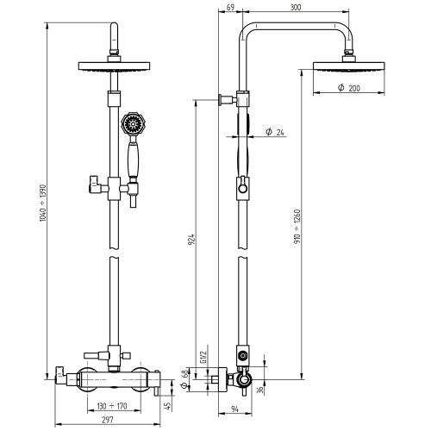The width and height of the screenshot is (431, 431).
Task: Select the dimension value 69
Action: [x=229, y=7]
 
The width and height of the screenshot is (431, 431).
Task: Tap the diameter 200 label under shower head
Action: [x=348, y=89]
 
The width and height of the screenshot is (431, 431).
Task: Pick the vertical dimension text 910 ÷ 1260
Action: [x=297, y=229]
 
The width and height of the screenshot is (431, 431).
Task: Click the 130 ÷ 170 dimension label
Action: [x=110, y=405]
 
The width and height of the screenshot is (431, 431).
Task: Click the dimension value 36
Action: [x=260, y=390]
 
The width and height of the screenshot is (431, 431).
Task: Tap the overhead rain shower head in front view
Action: [x=112, y=66]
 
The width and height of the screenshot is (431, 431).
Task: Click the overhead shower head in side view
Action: [x=348, y=66]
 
